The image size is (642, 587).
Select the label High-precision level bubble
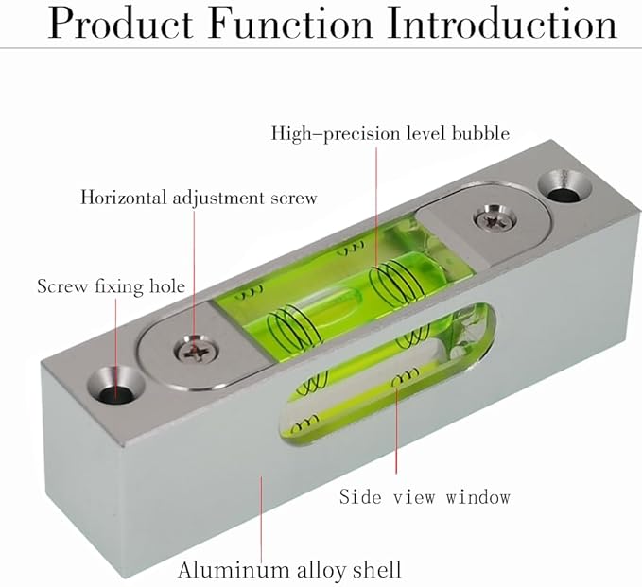(x=390, y=133)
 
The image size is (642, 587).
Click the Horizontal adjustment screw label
(x=198, y=198)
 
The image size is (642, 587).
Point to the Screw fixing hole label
(x=111, y=285)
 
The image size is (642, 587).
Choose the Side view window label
(x=425, y=496)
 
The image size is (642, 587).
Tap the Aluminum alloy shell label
(x=289, y=569)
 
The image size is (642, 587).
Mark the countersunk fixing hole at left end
(x=117, y=388)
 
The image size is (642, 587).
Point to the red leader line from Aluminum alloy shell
(x=261, y=515)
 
